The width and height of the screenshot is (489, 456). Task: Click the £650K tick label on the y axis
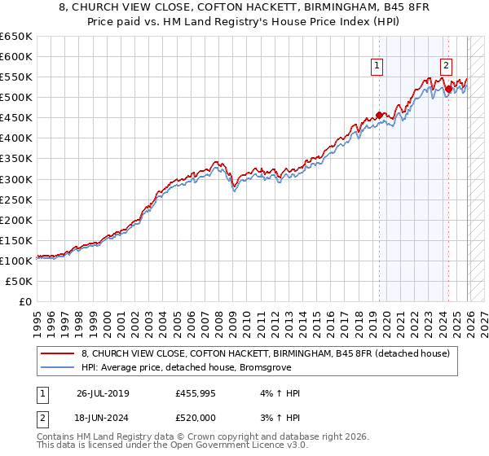coord(16,37)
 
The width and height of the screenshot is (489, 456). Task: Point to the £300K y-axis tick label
coord(16,179)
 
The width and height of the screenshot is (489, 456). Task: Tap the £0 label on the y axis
coord(24,301)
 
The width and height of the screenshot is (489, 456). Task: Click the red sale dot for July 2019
coord(380,115)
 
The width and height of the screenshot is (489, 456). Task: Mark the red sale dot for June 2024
coord(448,90)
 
